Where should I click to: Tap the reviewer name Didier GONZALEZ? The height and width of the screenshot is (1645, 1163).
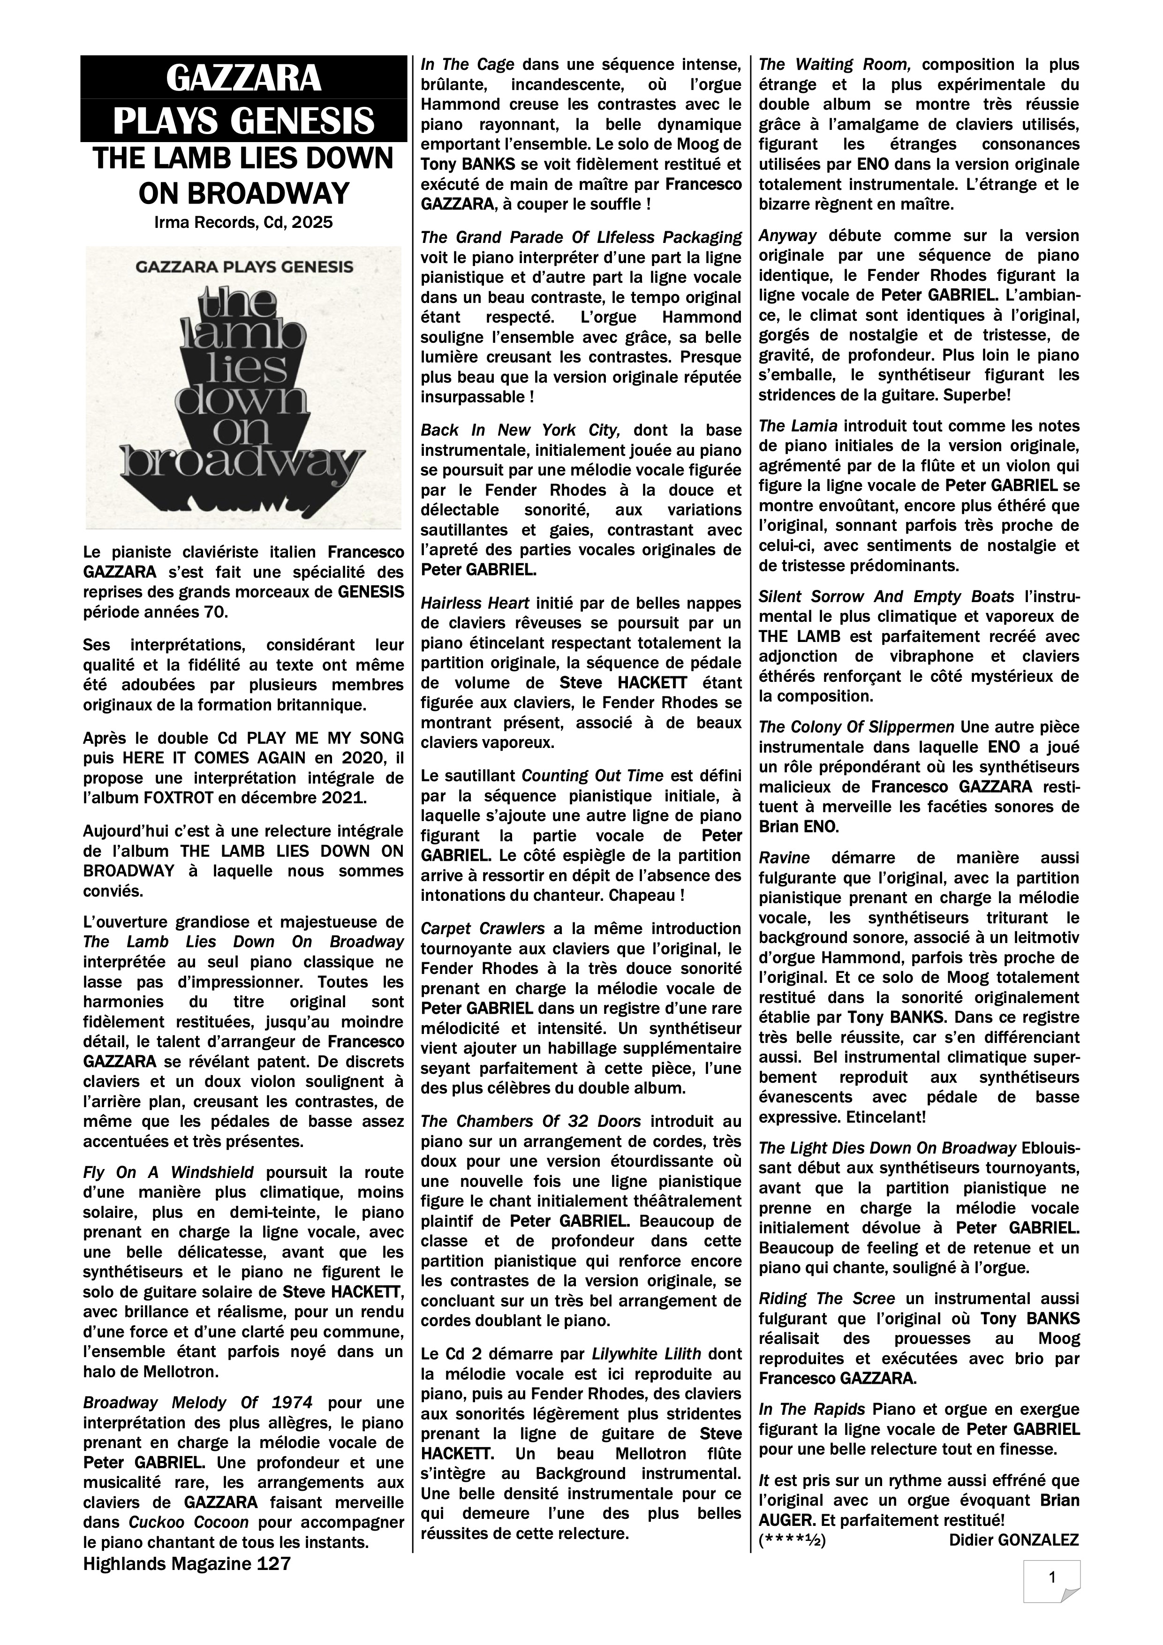click(x=1013, y=1539)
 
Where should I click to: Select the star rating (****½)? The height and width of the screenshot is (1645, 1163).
click(x=792, y=1539)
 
